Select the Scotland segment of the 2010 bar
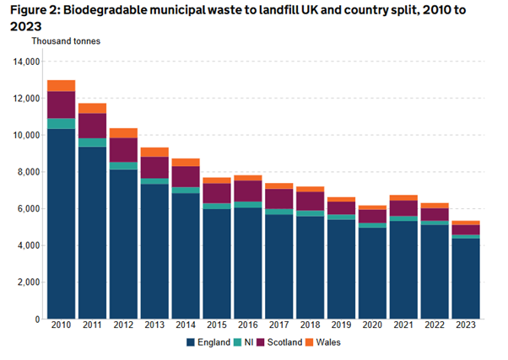coord(61,105)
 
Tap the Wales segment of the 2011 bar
coord(92,108)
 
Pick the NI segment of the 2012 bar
coord(123,166)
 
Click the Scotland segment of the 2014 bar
coord(185,176)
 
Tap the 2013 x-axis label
coord(154,325)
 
